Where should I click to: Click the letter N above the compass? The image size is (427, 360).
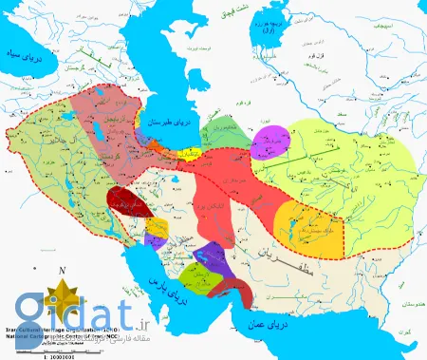coord(61,271)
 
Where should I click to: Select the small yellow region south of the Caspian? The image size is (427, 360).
coord(191,152)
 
